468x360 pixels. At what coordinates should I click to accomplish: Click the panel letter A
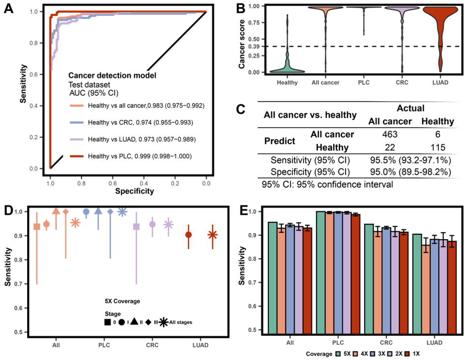click(9, 9)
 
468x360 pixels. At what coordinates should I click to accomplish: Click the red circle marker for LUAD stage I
click(189, 235)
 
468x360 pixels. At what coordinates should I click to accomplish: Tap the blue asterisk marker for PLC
click(123, 212)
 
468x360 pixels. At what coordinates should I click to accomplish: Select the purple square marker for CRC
click(137, 226)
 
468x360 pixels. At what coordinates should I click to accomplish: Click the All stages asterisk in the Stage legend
click(164, 322)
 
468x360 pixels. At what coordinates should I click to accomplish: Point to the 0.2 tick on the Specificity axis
click(174, 183)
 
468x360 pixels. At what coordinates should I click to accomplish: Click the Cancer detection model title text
click(112, 75)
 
